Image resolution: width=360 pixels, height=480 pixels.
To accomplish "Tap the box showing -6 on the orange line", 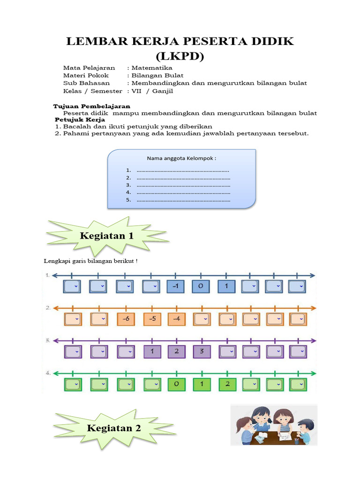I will [x=126, y=319].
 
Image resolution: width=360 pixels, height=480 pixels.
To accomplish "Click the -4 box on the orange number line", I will [x=177, y=319].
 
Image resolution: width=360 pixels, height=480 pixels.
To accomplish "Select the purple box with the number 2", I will [x=177, y=352].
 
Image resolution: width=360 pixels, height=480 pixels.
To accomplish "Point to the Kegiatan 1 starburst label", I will [x=107, y=236].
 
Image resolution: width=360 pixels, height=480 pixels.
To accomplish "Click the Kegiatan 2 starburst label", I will [x=114, y=428].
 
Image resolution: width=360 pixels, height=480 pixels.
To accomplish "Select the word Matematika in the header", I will [x=152, y=68].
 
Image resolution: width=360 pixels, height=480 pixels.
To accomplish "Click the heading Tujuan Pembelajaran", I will [x=92, y=106].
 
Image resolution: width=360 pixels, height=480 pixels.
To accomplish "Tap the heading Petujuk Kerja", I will [x=80, y=120].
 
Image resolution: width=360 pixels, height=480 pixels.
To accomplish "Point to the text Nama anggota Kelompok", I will [x=181, y=158].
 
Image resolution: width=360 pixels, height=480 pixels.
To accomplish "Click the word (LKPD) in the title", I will [x=180, y=56].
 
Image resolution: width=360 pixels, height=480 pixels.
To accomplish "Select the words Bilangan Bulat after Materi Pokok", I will [x=157, y=75].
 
